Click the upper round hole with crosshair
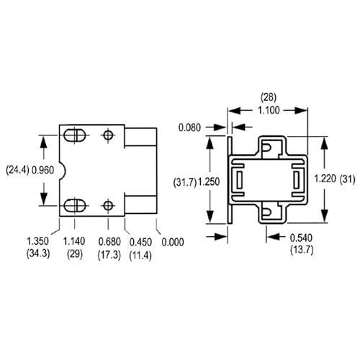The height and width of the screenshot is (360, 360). (x=107, y=135)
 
